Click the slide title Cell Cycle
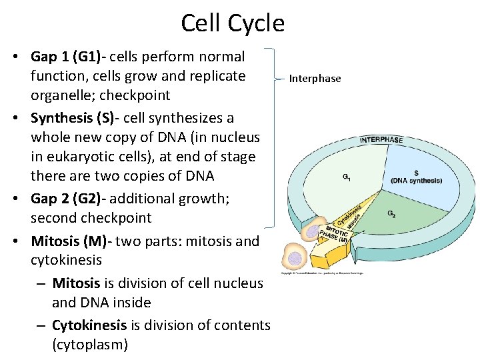233,23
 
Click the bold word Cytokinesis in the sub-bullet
89,325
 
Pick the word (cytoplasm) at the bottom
89,345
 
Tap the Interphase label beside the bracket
315,79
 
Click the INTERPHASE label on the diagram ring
381,140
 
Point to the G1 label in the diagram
347,177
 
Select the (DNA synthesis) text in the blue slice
416,181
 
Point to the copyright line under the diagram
323,273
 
